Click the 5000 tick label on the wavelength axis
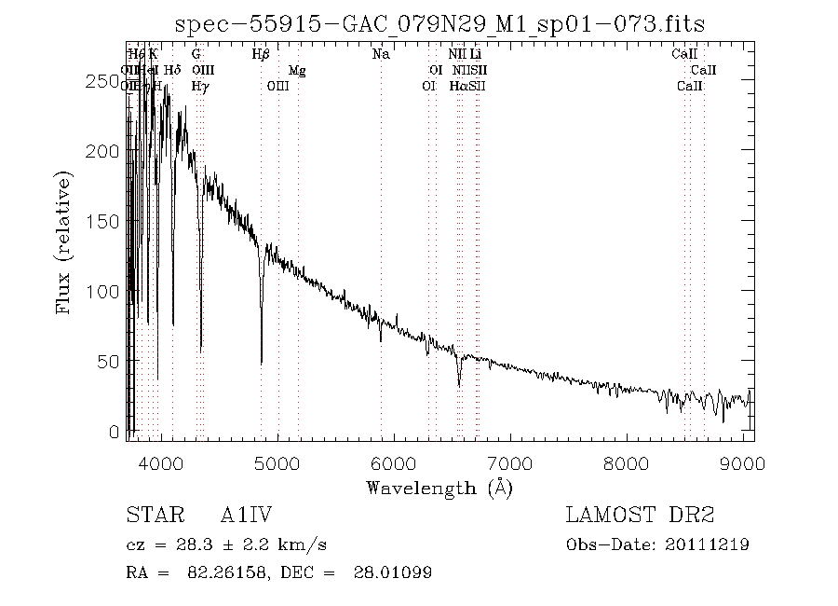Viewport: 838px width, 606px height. [277, 462]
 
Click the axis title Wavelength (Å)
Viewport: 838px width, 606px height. [439, 487]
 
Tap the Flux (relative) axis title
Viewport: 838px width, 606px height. [64, 241]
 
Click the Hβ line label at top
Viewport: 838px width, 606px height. [261, 55]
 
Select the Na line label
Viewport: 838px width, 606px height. [381, 55]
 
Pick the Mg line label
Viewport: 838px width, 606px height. [297, 71]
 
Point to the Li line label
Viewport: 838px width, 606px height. [475, 55]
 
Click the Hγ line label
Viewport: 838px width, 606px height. [199, 86]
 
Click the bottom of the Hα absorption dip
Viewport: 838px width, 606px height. [459, 385]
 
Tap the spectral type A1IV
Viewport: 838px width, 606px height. [246, 515]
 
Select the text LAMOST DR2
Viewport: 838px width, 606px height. [640, 515]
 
